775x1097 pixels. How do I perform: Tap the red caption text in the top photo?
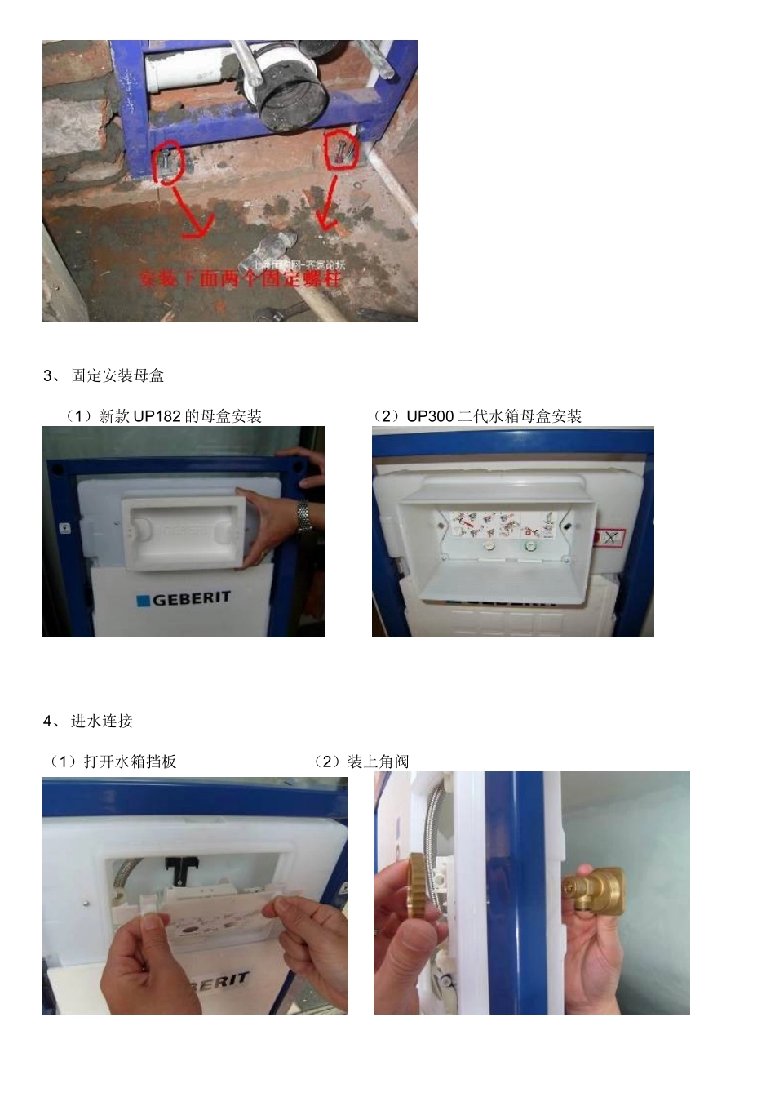tap(241, 278)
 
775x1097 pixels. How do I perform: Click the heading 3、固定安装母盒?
tap(104, 375)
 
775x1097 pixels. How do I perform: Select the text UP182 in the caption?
tap(157, 416)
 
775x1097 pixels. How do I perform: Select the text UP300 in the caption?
tap(430, 416)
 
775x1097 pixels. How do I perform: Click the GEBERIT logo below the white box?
tap(181, 599)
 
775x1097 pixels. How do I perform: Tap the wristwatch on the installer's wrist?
tap(304, 517)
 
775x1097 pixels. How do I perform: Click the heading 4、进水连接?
tap(88, 721)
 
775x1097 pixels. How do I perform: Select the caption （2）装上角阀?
tap(361, 762)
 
